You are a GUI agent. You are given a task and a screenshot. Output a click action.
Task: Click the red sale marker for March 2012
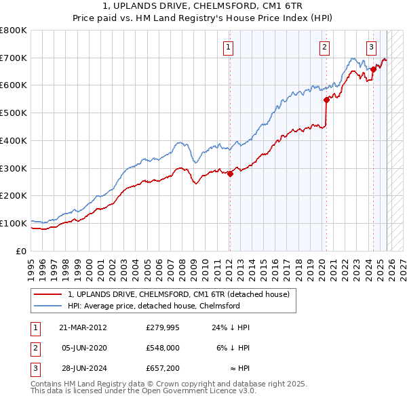pos(230,174)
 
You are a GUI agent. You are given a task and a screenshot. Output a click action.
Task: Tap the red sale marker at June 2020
pos(326,100)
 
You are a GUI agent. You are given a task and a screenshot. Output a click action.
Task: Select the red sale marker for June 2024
pos(373,69)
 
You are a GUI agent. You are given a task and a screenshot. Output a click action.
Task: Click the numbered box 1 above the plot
pos(229,47)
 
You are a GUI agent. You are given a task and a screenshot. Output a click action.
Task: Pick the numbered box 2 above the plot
pos(325,47)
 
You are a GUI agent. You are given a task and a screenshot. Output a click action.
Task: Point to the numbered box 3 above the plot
pos(372,47)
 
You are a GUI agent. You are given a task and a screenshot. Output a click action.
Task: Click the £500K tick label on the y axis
pos(14,113)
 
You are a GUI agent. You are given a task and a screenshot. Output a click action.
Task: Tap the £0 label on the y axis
pos(21,251)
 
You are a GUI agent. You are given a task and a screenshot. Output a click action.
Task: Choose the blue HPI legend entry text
pos(163,306)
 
